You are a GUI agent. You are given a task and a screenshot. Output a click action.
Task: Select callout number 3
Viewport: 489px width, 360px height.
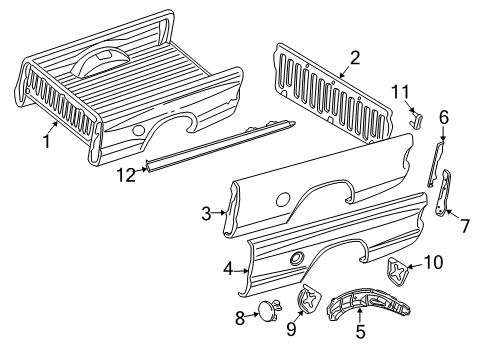pyautogui.click(x=205, y=213)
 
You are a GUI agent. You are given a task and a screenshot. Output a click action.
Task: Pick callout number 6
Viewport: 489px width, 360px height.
pyautogui.click(x=443, y=117)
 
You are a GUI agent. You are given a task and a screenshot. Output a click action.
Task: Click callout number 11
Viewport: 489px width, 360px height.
pyautogui.click(x=400, y=93)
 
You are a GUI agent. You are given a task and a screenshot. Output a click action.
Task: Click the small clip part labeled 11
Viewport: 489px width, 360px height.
pyautogui.click(x=417, y=121)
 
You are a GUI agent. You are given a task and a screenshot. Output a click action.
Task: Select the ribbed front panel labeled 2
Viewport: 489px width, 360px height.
pyautogui.click(x=330, y=95)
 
